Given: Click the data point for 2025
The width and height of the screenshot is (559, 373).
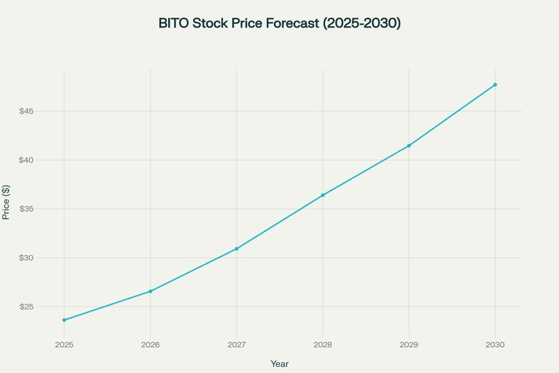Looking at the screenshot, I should point(64,320).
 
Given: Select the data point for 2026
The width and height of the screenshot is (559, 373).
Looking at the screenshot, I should point(151,291).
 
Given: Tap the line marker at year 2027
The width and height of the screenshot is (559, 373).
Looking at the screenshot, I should point(236,248).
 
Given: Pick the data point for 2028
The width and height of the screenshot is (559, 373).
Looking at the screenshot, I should point(323,195).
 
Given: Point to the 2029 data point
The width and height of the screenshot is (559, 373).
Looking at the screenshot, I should point(409,145).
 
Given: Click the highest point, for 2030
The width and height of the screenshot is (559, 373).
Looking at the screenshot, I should point(495,85).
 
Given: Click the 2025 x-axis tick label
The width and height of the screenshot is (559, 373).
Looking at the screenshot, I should point(64,345).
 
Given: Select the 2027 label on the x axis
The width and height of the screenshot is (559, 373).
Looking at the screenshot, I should point(236,345).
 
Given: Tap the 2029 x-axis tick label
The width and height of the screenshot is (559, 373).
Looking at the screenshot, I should point(409,345).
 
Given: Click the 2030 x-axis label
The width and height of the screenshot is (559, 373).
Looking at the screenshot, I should point(495,345).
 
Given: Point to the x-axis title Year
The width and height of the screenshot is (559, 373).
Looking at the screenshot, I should point(279,364).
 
